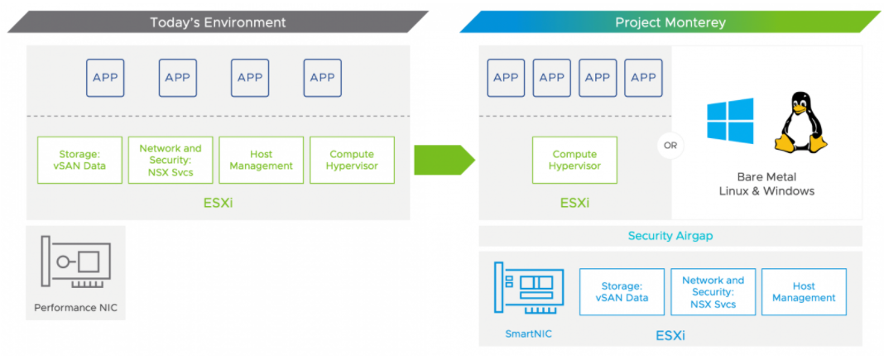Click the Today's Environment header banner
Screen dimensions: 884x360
click(218, 22)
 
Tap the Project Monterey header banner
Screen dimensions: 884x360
click(670, 22)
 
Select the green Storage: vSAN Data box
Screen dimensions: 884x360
click(79, 160)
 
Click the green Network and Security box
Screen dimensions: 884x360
click(171, 160)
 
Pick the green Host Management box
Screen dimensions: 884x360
click(261, 160)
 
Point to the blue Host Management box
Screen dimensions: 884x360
click(804, 292)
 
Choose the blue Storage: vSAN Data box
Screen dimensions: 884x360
click(622, 292)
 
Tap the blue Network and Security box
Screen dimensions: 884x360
click(713, 292)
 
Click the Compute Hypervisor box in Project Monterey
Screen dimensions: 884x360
click(574, 160)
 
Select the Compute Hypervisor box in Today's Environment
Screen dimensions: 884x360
click(353, 160)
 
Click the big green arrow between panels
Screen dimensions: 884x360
click(444, 160)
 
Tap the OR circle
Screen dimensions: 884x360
click(670, 146)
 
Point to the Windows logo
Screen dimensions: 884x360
click(731, 121)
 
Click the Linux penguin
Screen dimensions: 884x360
click(800, 122)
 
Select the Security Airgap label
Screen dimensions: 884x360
click(670, 236)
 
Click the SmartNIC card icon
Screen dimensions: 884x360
click(529, 287)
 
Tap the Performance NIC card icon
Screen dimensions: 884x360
click(75, 262)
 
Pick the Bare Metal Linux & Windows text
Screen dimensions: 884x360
click(766, 184)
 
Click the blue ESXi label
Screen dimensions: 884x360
click(670, 336)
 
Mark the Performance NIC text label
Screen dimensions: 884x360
click(75, 308)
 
